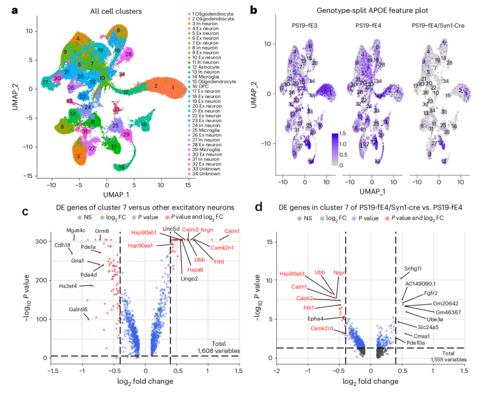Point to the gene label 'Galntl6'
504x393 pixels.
[78, 309]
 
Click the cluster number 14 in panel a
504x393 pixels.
[122, 166]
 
